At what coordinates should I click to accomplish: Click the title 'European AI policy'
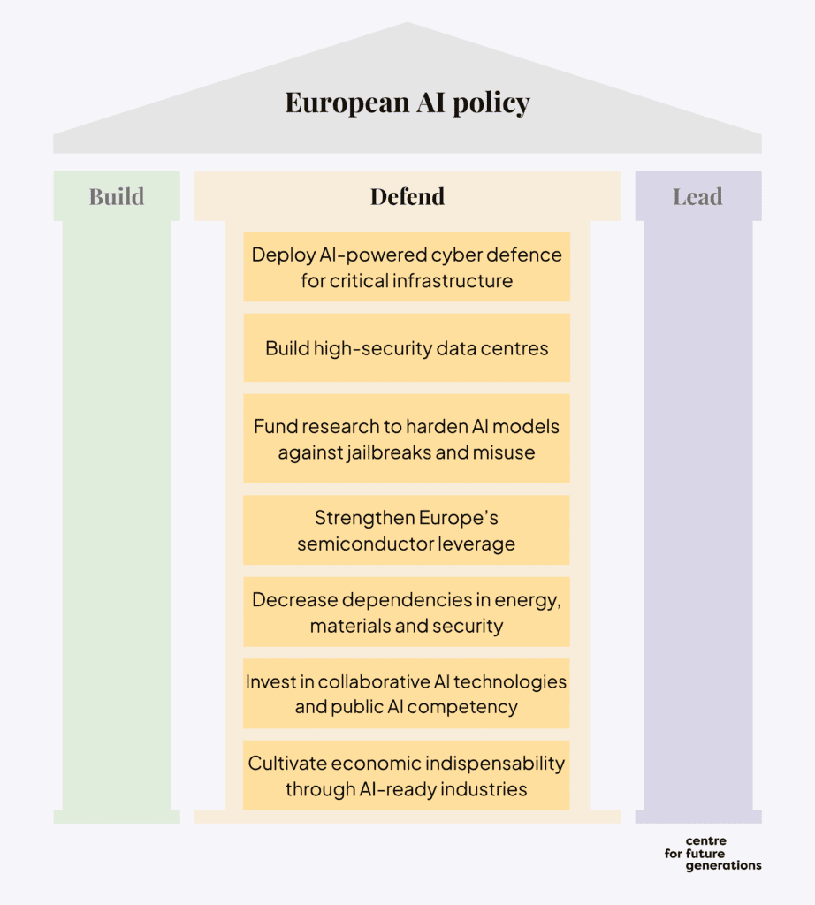pos(407,103)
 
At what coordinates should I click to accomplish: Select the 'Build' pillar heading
pos(116,196)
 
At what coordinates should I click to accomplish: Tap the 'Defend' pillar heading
pos(407,196)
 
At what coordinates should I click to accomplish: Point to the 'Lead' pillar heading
pos(697,196)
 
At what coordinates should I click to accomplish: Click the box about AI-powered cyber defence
pos(407,267)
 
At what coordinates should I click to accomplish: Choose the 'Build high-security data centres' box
pos(407,348)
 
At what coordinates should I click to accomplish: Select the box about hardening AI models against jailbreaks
pos(407,438)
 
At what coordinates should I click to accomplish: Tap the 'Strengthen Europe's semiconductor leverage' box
pos(407,530)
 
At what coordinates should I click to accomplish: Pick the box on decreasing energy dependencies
pos(407,612)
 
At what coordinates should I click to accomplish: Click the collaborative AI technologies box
pos(407,694)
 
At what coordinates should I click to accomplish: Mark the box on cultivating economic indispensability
pos(407,775)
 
